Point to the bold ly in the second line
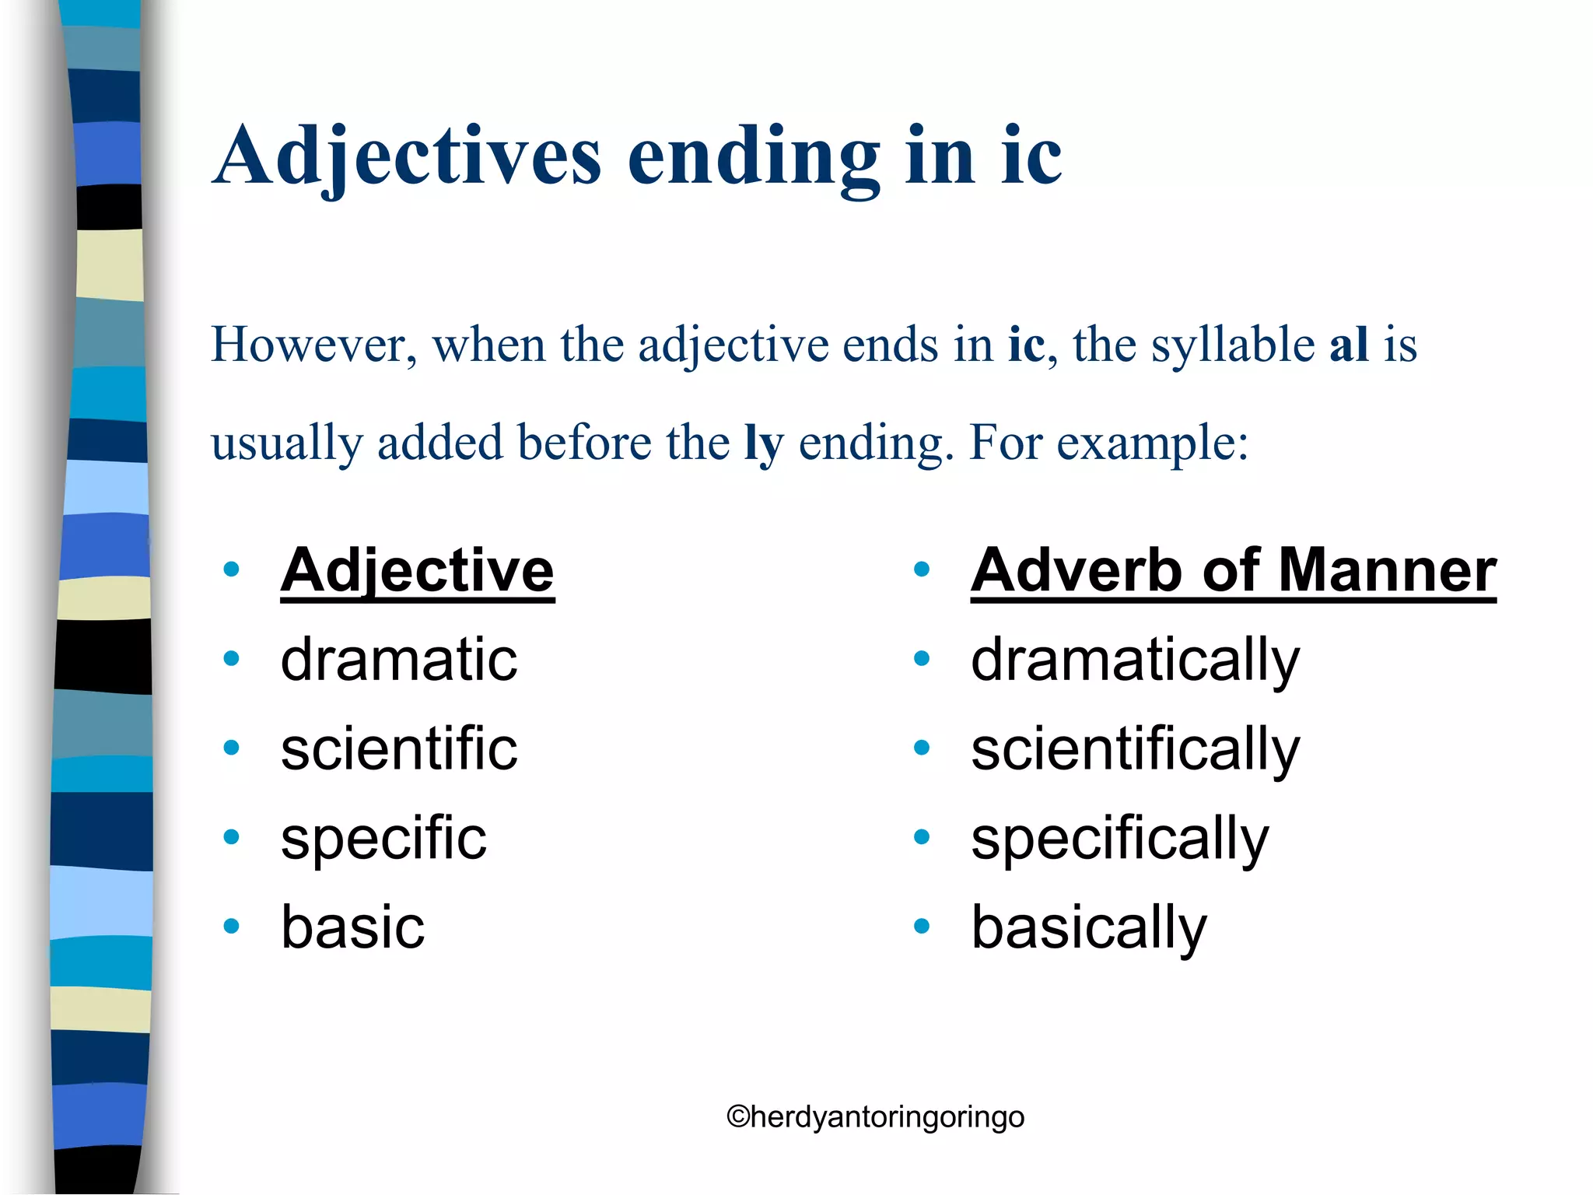(764, 443)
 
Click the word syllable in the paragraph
(1232, 345)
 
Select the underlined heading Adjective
(417, 570)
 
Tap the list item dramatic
(398, 660)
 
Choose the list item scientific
(398, 748)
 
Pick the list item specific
(383, 839)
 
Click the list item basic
(352, 927)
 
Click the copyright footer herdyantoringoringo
(875, 1117)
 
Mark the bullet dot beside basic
(231, 926)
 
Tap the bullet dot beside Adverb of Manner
(922, 569)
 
